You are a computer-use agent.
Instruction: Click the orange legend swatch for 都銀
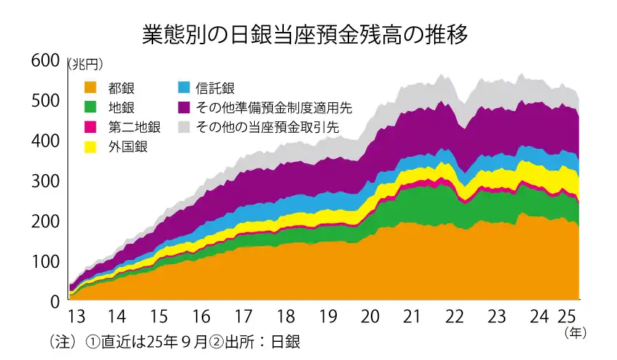pos(91,88)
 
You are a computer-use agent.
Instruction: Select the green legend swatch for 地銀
pos(91,107)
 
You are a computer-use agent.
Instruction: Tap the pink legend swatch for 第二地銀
pos(91,127)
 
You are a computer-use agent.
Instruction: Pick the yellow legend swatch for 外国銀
pos(91,147)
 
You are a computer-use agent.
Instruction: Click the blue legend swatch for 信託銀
pos(184,88)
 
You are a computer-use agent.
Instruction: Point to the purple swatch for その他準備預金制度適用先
pos(184,107)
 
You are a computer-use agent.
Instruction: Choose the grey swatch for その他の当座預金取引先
pos(184,127)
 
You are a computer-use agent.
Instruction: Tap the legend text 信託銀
pos(216,88)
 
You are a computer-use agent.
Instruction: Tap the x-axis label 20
pos(370,317)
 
